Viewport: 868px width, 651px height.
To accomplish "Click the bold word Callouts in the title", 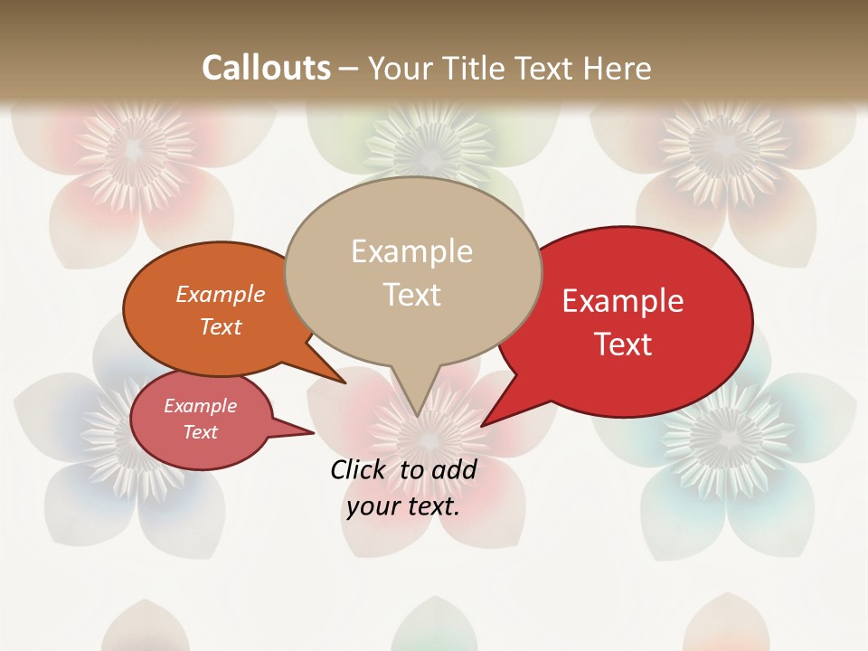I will tap(266, 68).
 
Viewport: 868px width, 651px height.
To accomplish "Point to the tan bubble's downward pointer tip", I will tap(417, 415).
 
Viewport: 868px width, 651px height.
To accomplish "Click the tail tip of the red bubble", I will tap(483, 425).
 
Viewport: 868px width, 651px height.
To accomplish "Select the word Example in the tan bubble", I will tap(411, 251).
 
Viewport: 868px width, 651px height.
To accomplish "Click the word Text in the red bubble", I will tap(623, 344).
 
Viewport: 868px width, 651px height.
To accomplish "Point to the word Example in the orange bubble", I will tap(221, 294).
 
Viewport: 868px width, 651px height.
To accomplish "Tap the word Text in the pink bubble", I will tap(201, 432).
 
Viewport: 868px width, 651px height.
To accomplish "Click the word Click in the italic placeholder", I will tap(359, 469).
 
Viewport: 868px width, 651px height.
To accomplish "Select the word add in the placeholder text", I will tap(454, 469).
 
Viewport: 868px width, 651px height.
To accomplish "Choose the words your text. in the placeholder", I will tap(403, 506).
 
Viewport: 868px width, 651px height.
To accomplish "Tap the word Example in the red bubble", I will tap(623, 301).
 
